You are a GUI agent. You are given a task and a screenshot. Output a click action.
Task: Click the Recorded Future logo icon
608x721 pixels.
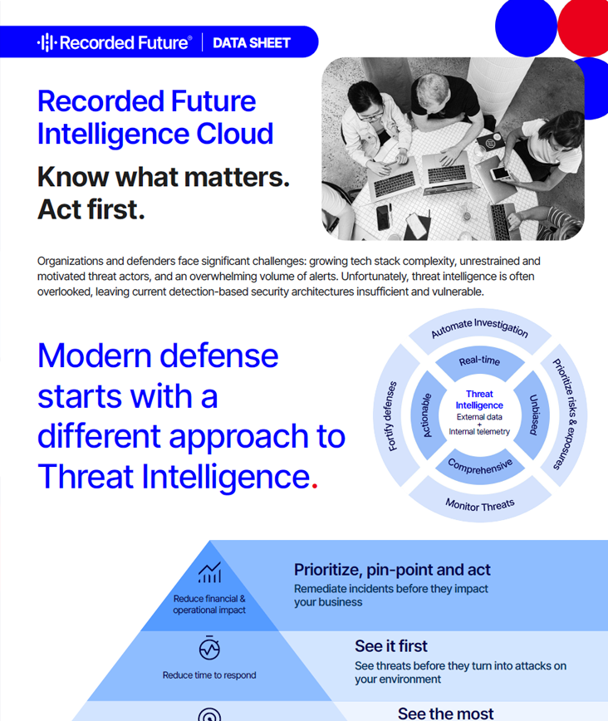pyautogui.click(x=47, y=42)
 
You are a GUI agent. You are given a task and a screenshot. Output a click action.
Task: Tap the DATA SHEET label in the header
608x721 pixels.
pyautogui.click(x=252, y=42)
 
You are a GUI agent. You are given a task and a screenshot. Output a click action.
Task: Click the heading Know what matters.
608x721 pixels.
pyautogui.click(x=164, y=177)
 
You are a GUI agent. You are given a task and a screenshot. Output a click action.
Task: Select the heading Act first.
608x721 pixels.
pyautogui.click(x=91, y=210)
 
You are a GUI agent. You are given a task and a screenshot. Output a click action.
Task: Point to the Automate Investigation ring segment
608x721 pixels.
pyautogui.click(x=480, y=327)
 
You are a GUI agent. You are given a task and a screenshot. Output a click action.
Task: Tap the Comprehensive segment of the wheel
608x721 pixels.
pyautogui.click(x=480, y=466)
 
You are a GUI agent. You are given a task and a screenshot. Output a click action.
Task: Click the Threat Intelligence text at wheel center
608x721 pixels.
pyautogui.click(x=479, y=400)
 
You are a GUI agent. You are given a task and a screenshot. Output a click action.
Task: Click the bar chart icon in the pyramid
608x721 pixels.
pyautogui.click(x=209, y=573)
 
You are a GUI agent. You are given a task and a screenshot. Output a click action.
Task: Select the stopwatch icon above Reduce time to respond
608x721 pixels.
pyautogui.click(x=209, y=649)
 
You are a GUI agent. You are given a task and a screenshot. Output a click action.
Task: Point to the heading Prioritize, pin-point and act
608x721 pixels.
pyautogui.click(x=392, y=570)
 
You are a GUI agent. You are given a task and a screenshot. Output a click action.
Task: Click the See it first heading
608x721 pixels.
pyautogui.click(x=391, y=645)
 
